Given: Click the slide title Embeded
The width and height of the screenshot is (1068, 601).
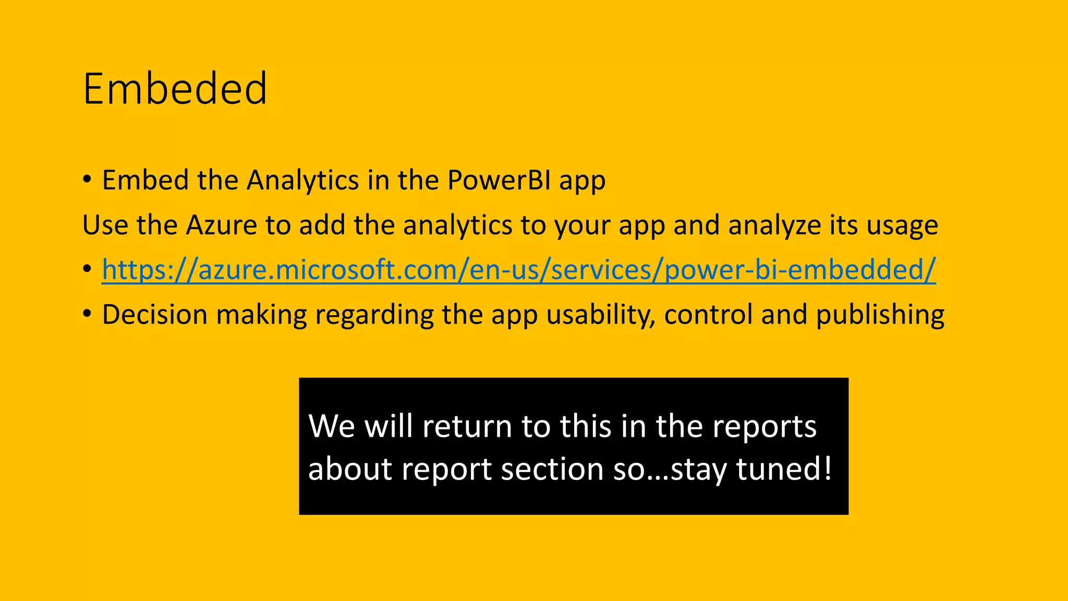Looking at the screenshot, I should [x=175, y=89].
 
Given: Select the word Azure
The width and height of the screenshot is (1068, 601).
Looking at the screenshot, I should [x=221, y=225].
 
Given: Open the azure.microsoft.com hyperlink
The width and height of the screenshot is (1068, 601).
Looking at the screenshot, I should [x=518, y=270].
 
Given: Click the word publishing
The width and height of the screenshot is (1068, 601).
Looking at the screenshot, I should [x=880, y=315].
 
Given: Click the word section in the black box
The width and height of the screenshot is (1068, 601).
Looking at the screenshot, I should [x=552, y=468].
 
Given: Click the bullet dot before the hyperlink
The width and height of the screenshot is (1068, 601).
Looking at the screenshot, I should [x=87, y=269].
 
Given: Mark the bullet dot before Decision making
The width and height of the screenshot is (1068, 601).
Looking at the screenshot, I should [x=87, y=314].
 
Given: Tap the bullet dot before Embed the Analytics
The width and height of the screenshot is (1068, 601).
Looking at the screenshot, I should [x=87, y=179].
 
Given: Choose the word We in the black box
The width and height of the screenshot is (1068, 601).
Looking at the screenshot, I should [x=331, y=426].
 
